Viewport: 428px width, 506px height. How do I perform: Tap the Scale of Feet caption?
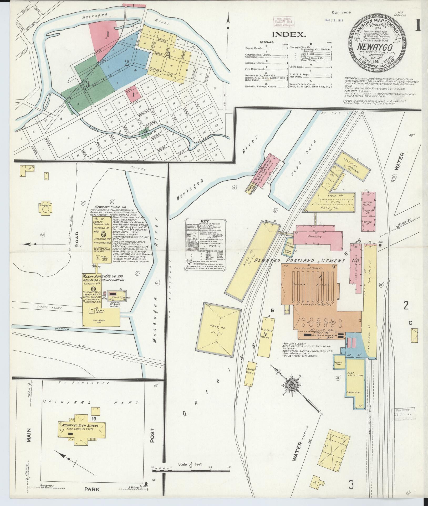click(190, 464)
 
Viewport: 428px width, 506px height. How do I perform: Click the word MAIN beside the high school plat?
click(28, 435)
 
